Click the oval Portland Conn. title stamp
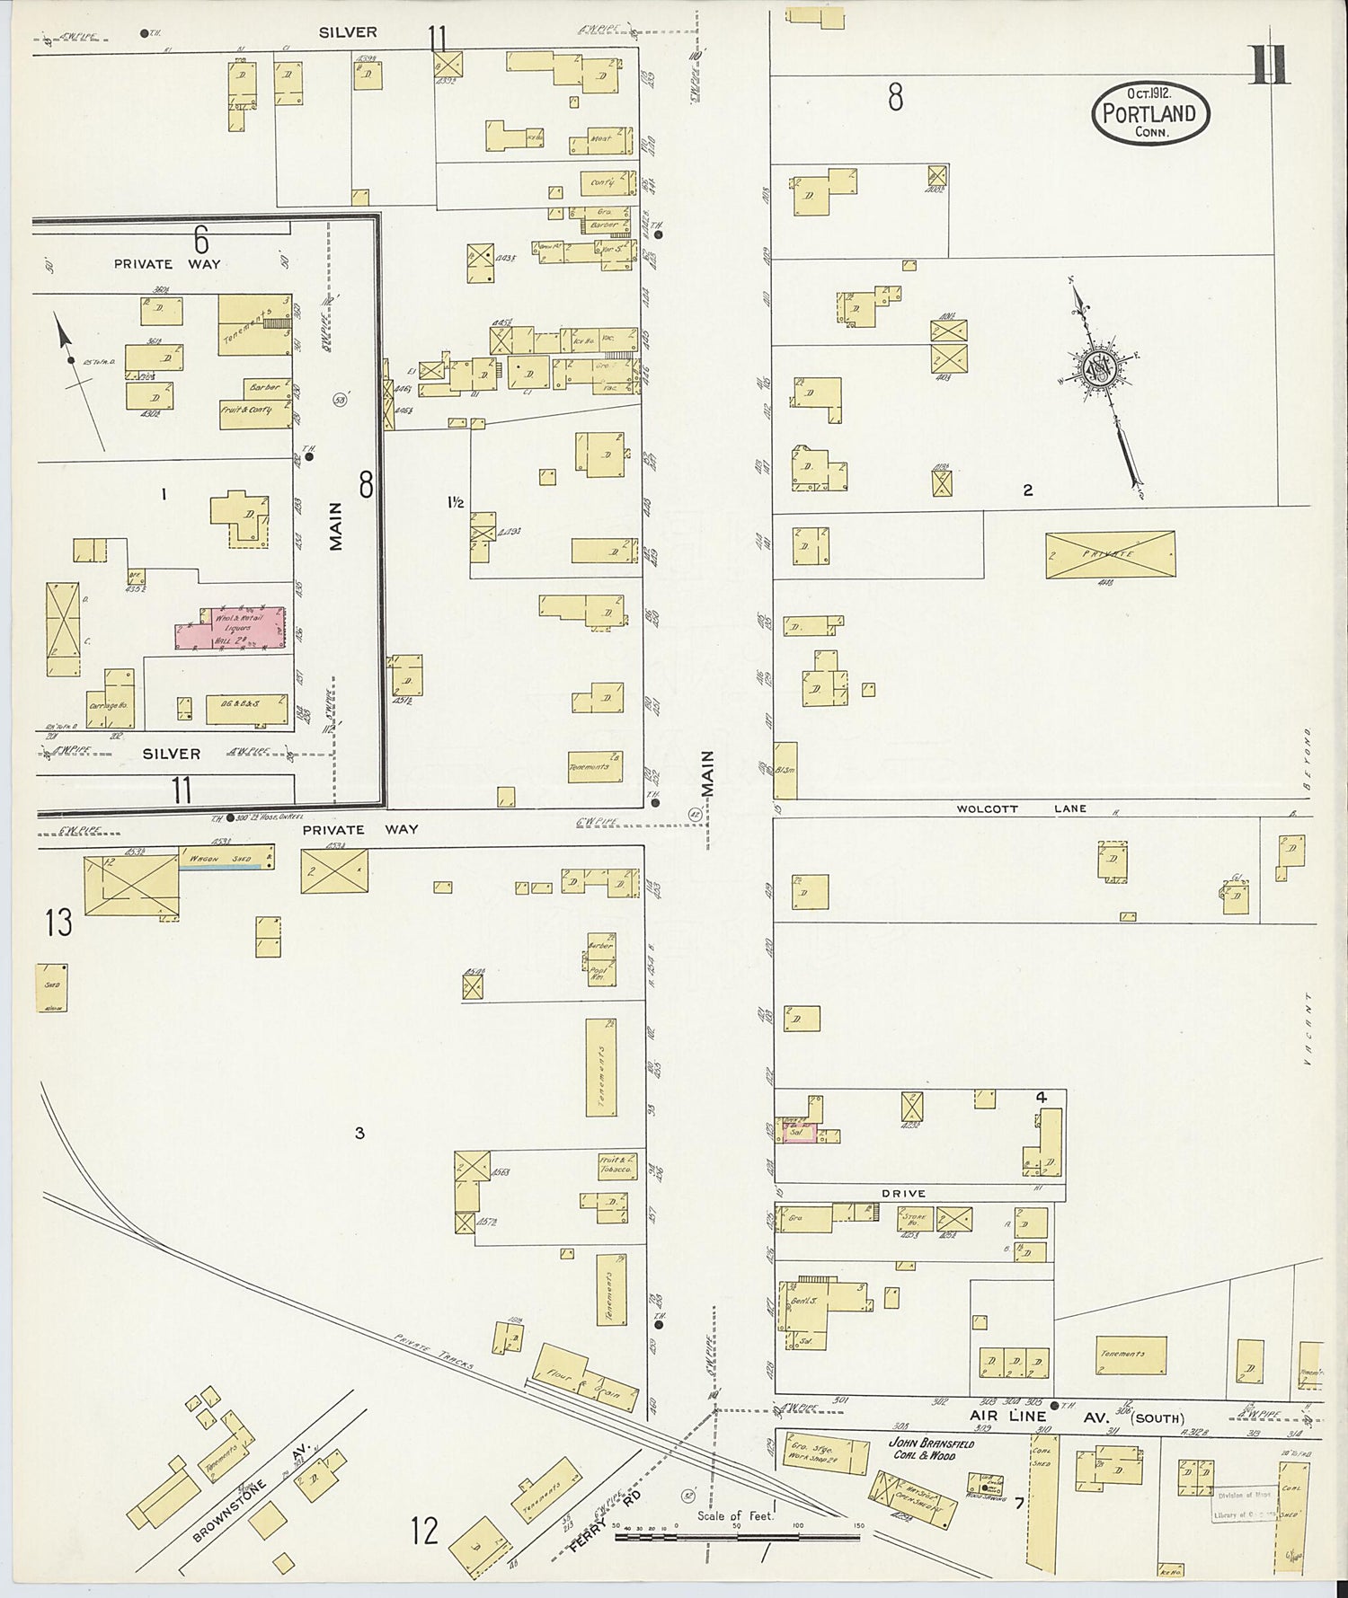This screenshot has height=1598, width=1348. click(x=1149, y=113)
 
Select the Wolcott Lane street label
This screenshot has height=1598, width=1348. click(x=1022, y=808)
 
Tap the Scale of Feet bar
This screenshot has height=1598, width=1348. click(x=737, y=1537)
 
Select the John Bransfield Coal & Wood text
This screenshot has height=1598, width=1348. click(x=931, y=1450)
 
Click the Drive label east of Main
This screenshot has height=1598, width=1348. click(x=902, y=1193)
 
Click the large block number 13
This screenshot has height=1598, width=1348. click(x=58, y=923)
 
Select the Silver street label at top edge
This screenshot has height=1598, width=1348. click(x=348, y=32)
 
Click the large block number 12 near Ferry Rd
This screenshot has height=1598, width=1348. click(x=423, y=1530)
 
